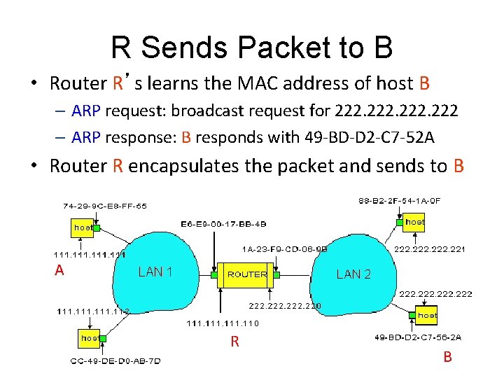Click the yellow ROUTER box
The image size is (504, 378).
[246, 274]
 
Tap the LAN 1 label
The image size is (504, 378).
[155, 272]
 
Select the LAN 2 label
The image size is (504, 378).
[353, 274]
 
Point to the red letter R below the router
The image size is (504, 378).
[235, 342]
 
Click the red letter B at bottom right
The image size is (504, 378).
[447, 357]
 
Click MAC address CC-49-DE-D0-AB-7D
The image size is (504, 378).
[115, 361]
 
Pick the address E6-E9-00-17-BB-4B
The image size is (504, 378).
[223, 224]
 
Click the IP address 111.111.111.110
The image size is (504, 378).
[222, 323]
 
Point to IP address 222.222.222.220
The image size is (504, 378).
[285, 306]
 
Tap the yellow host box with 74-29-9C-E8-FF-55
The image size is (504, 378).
[84, 227]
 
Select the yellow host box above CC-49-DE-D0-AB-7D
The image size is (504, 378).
[90, 337]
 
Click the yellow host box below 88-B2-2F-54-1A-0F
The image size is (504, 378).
[414, 222]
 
